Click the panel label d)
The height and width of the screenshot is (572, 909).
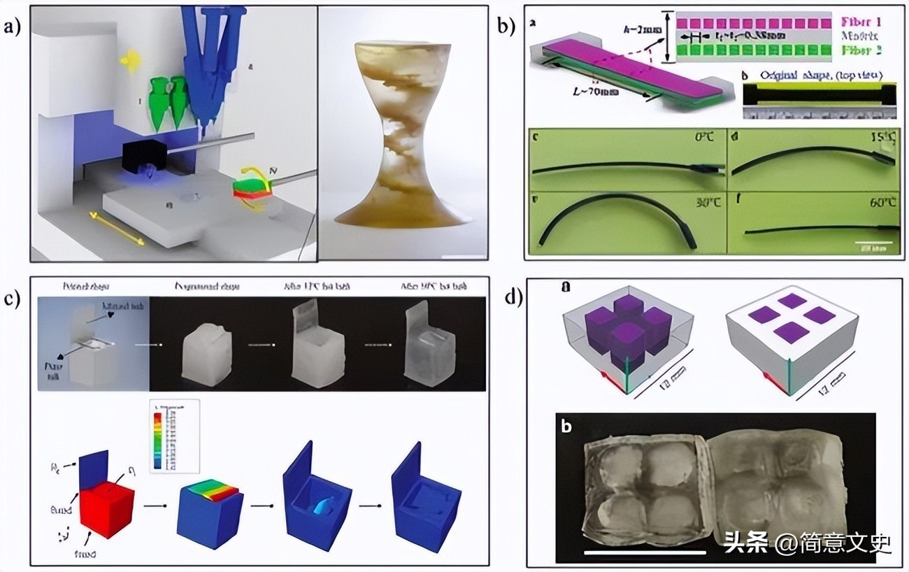(514, 297)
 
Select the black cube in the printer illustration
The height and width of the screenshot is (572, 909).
(144, 155)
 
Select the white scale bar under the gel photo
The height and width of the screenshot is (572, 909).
(635, 552)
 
